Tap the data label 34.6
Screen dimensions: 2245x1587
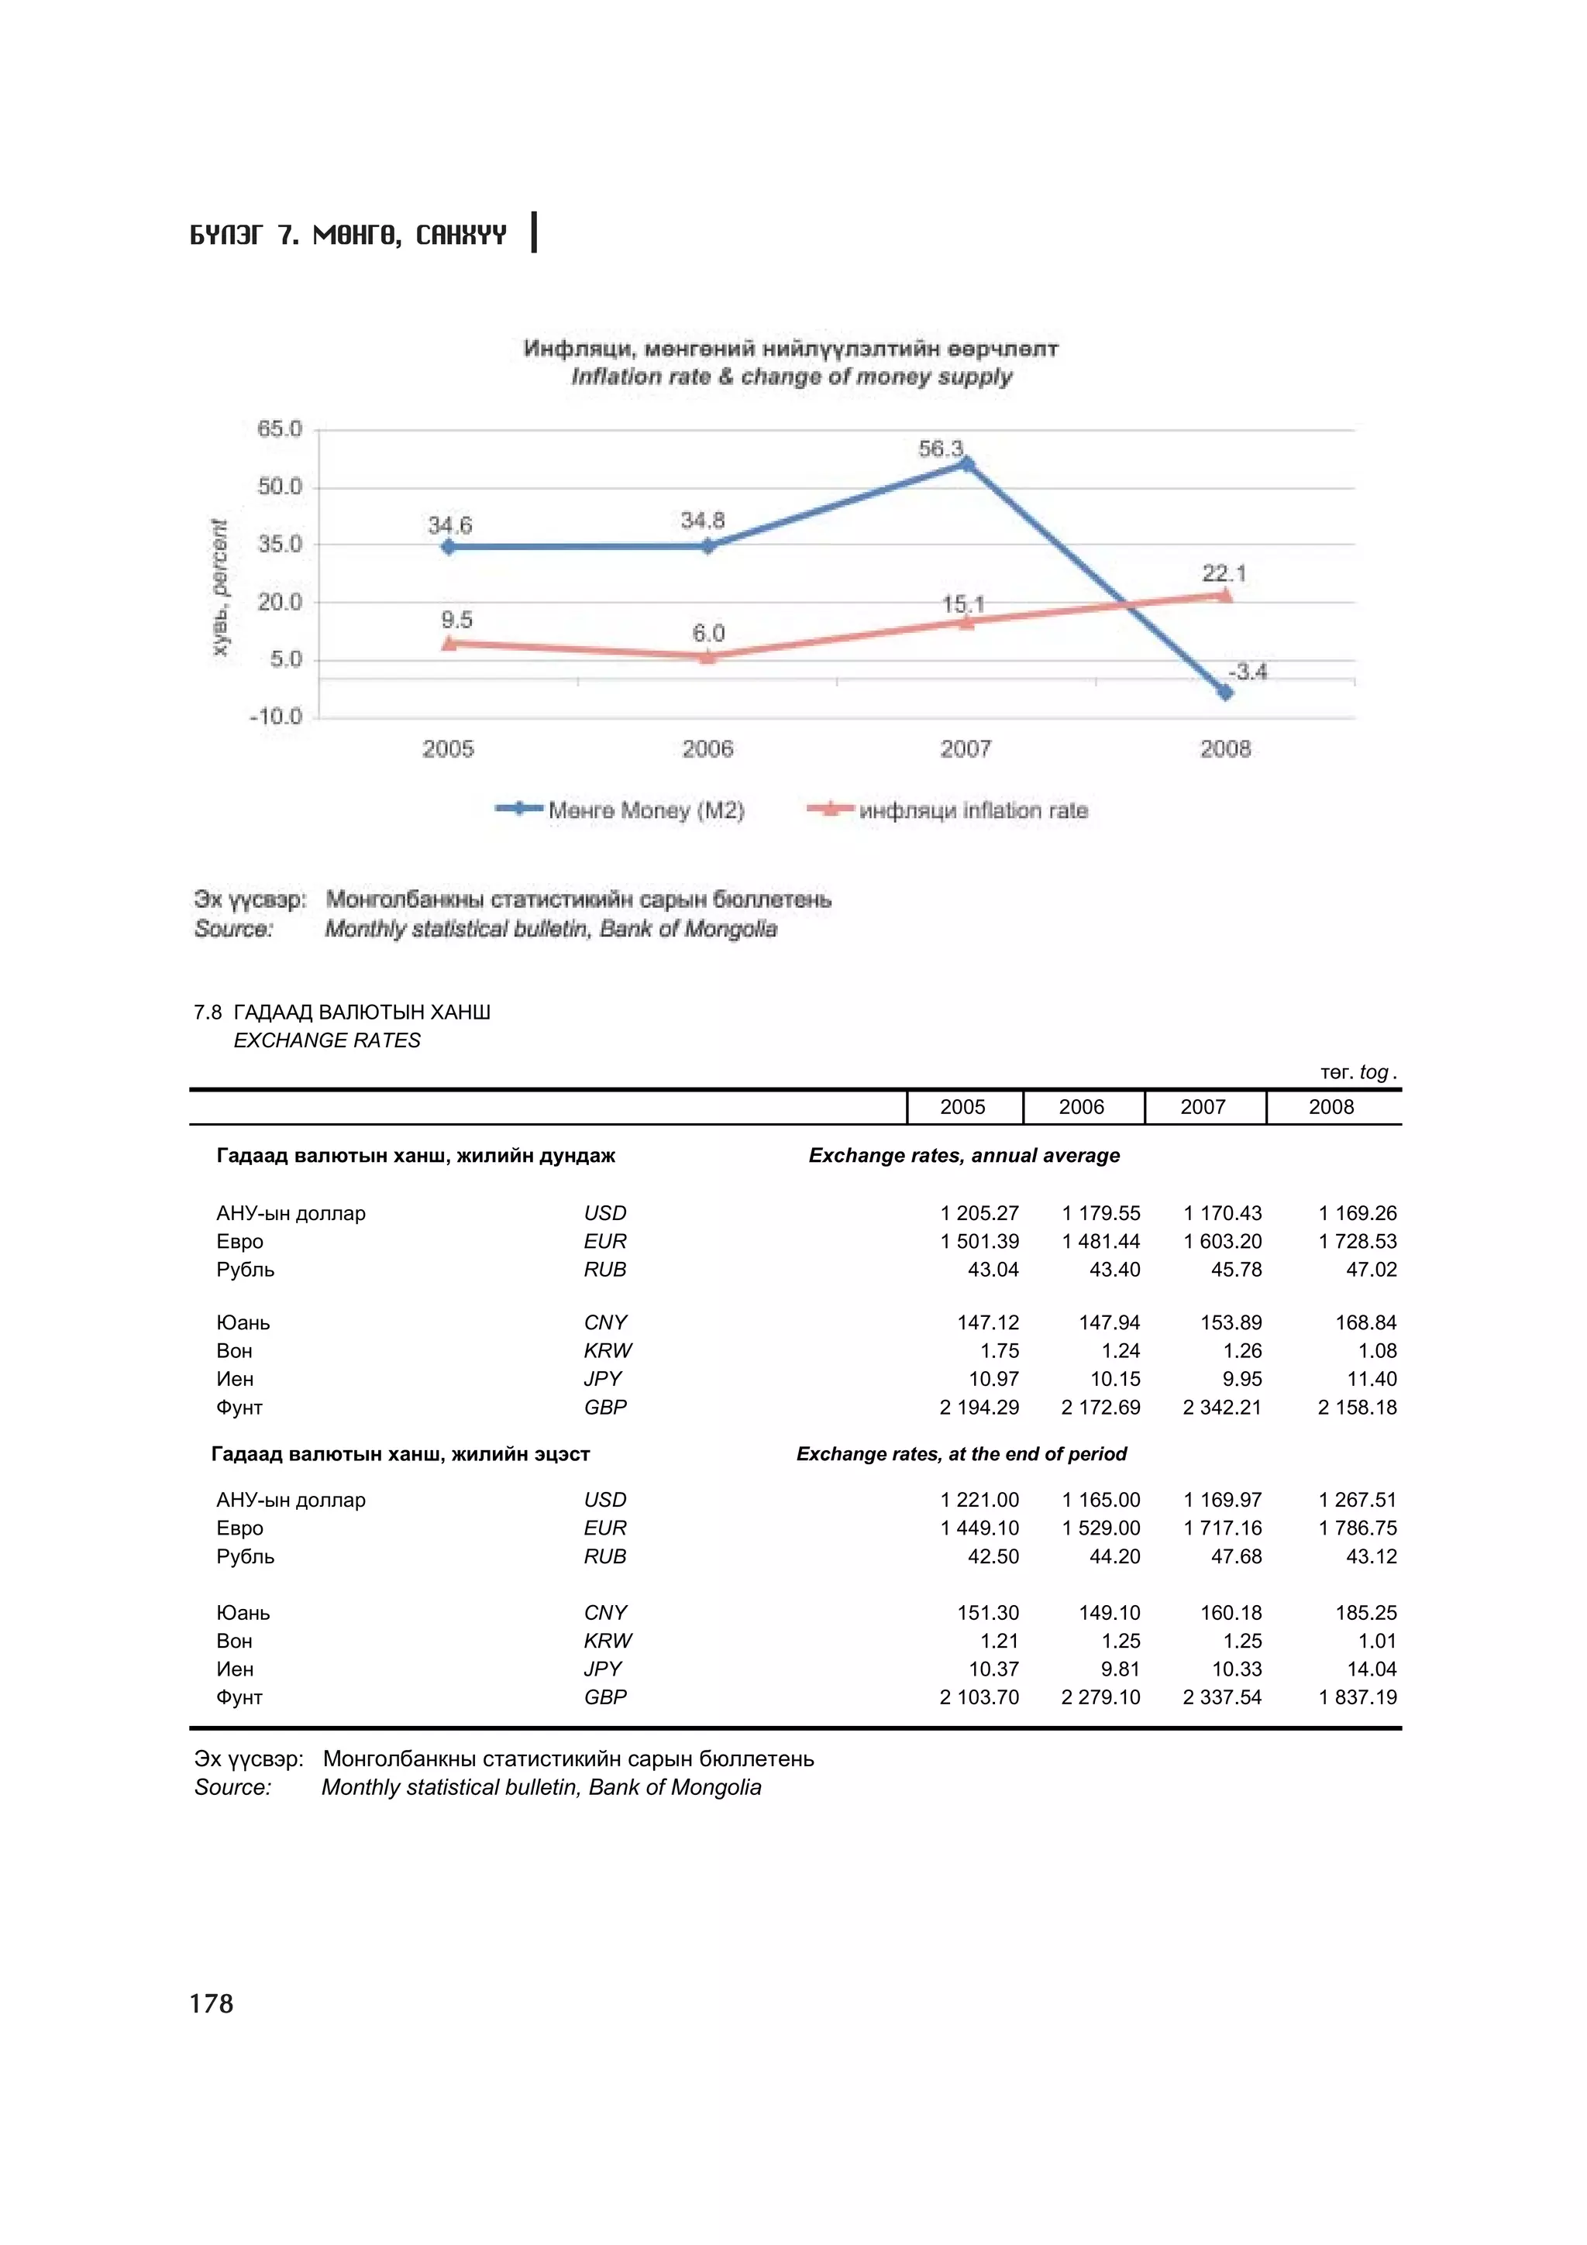click(x=449, y=525)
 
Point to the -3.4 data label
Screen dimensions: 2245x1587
click(x=1248, y=672)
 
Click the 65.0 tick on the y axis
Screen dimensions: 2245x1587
click(x=280, y=429)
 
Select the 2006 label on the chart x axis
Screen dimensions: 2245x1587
click(x=707, y=749)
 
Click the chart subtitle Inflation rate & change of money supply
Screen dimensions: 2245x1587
click(x=791, y=377)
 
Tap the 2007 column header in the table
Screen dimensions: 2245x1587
click(x=1203, y=1107)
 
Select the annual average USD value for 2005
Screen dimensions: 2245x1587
click(x=979, y=1213)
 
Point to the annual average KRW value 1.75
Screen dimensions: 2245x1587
click(x=1000, y=1351)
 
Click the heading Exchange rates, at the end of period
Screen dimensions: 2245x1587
click(x=961, y=1454)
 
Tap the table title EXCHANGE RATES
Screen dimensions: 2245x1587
click(x=326, y=1040)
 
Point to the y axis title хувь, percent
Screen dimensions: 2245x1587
click(x=220, y=588)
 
